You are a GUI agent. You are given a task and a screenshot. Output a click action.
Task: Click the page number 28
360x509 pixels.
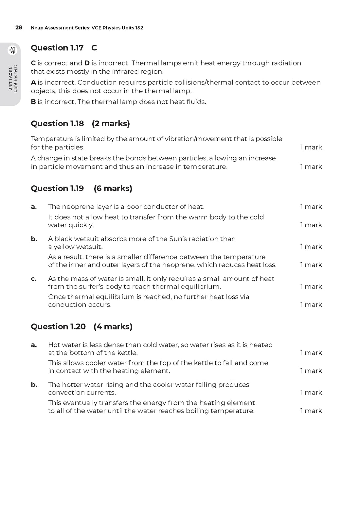19,27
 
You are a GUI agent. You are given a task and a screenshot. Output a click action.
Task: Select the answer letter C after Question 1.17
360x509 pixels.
94,48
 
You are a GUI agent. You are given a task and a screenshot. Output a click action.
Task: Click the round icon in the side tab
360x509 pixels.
12,50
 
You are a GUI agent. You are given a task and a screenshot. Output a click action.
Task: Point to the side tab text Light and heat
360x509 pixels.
15,79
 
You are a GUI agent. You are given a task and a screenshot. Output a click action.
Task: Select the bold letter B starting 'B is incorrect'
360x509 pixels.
33,102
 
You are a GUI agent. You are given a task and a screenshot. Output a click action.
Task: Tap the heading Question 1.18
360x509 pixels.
57,123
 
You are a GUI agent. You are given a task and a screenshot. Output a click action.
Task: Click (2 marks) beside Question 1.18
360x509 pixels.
111,123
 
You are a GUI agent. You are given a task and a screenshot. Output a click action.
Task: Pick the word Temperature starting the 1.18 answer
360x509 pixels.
50,139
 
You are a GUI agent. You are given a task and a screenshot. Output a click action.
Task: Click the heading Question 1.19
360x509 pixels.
57,188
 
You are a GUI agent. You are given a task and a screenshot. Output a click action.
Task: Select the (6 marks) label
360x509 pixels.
113,188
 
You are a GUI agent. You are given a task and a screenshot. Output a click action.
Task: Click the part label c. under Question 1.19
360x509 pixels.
34,279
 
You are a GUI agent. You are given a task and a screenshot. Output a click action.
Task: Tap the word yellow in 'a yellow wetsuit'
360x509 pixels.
63,247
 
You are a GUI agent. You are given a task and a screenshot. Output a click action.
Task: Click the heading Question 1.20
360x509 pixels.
58,326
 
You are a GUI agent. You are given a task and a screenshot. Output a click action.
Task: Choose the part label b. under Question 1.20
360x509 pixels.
34,385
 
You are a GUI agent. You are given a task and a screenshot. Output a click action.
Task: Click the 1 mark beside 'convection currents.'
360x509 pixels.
311,393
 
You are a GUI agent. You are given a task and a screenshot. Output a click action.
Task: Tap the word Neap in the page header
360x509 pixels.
37,28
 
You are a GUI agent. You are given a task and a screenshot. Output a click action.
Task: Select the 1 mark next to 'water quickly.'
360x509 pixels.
311,225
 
